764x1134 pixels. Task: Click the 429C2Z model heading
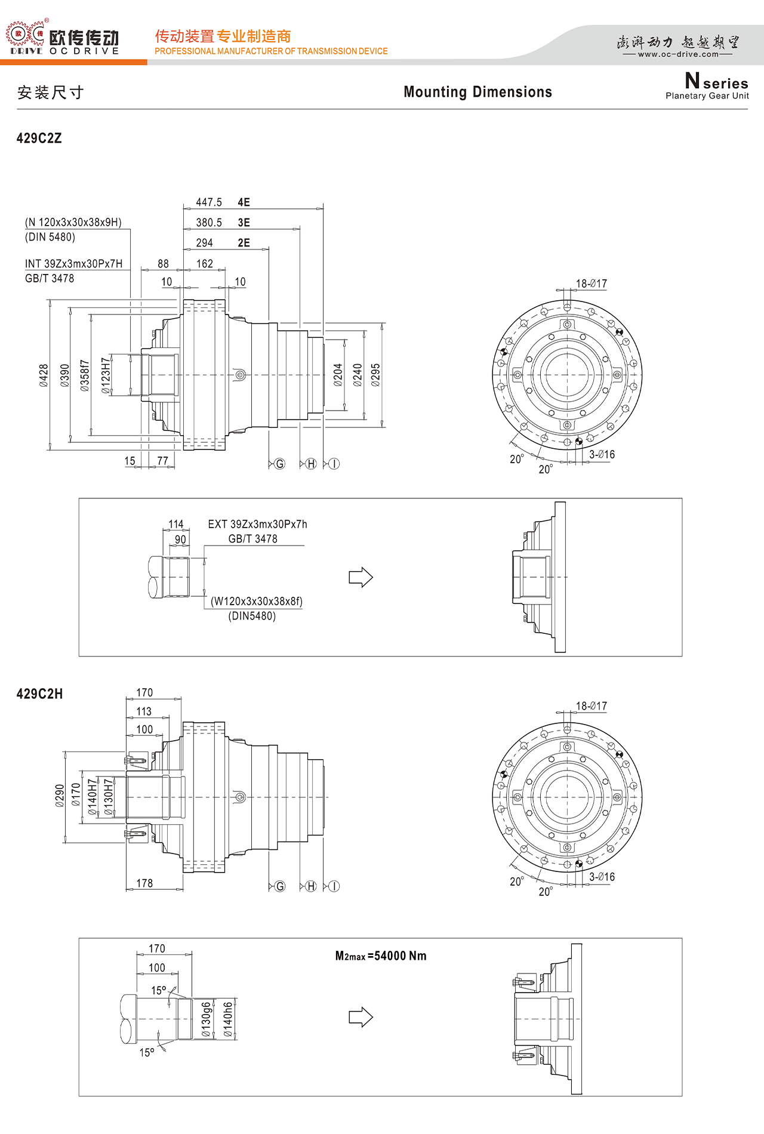(39, 138)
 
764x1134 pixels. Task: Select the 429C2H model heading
(39, 694)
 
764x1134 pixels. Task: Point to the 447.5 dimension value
(209, 203)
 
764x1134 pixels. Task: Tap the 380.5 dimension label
(209, 223)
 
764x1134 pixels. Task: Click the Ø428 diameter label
(44, 376)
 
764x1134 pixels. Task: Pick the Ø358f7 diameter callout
(85, 376)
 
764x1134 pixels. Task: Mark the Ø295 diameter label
(375, 375)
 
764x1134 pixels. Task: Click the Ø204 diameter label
(338, 375)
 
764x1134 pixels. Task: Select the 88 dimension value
(163, 264)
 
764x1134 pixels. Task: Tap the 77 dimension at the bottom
(163, 461)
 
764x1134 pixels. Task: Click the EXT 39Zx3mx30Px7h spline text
(258, 525)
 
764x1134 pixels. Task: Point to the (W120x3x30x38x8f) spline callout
(257, 602)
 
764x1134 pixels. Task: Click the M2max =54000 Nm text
(381, 956)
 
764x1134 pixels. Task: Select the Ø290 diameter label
(60, 796)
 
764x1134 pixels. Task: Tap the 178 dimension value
(144, 884)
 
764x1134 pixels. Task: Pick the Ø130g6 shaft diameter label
(206, 1019)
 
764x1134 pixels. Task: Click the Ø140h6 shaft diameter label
(227, 1019)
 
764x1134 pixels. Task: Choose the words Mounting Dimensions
(478, 92)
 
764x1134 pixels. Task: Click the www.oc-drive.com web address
(679, 54)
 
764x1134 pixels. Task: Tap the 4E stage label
(244, 203)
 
